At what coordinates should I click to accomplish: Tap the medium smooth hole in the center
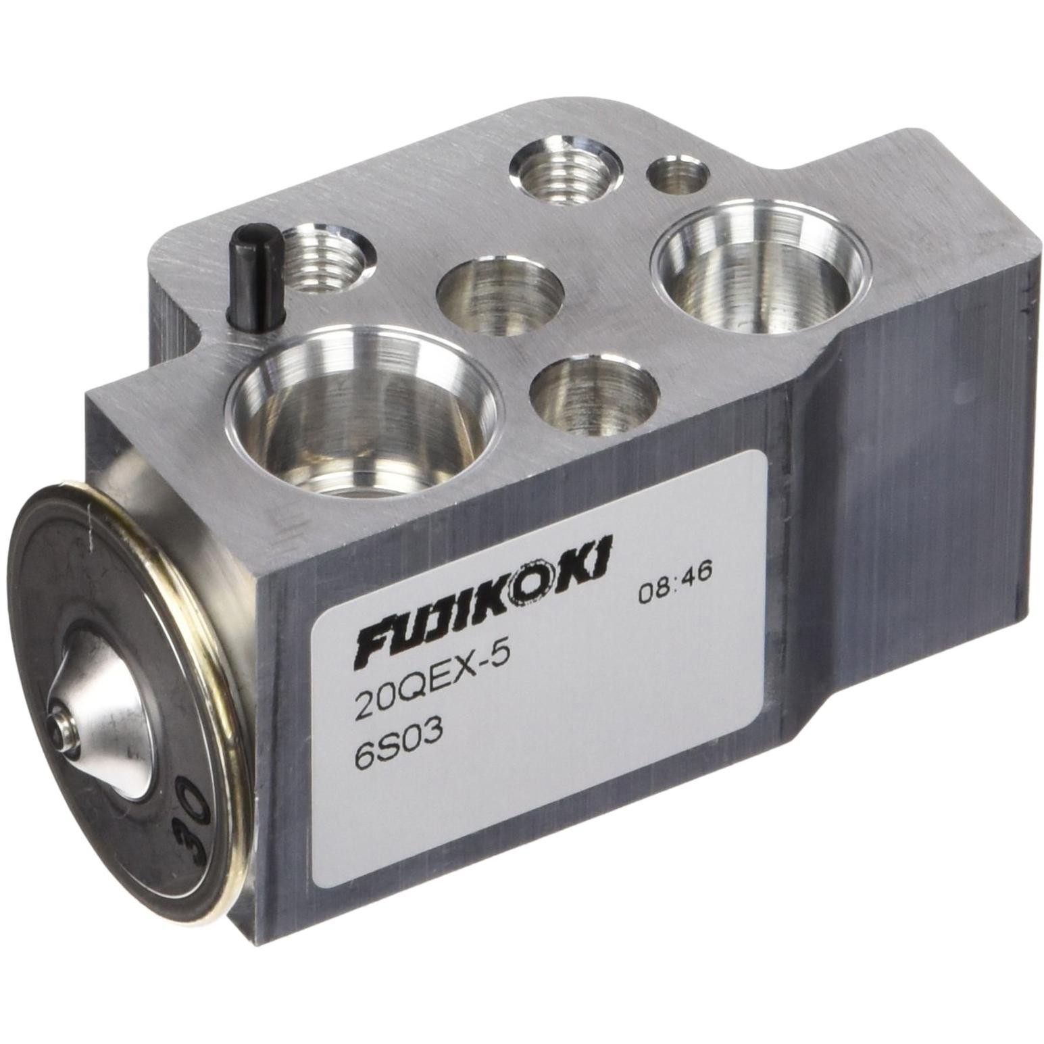click(500, 297)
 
